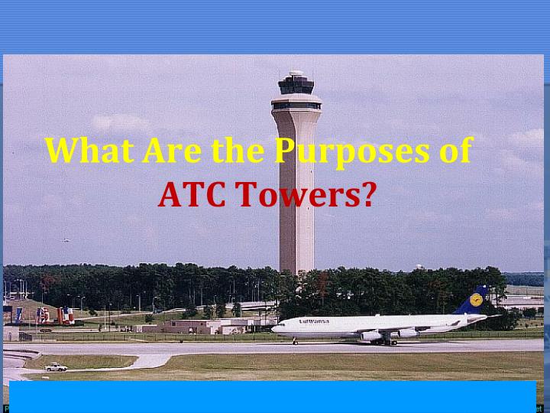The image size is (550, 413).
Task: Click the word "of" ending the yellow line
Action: click(x=455, y=151)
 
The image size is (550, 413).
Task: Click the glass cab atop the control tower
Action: click(x=296, y=86)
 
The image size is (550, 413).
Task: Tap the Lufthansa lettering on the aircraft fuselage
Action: click(x=313, y=321)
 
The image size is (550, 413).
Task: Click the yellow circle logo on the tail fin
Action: click(x=476, y=301)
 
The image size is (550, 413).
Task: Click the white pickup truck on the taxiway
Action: click(x=56, y=367)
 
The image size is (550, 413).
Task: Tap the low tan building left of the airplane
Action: click(x=183, y=325)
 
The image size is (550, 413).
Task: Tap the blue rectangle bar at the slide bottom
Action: click(x=273, y=396)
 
